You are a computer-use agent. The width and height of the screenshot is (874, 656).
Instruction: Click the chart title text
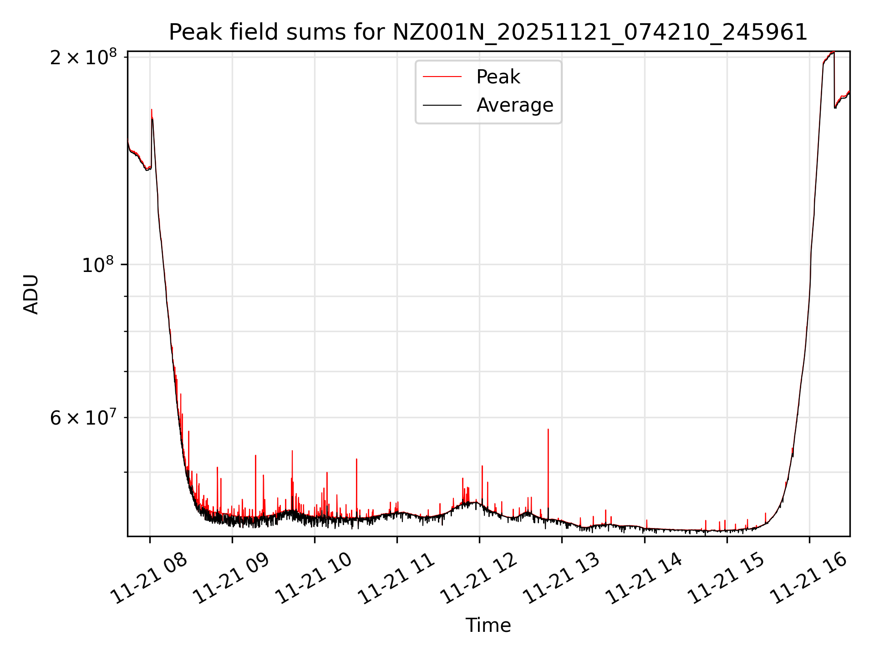point(488,32)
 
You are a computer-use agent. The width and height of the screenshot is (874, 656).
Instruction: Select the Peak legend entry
point(498,77)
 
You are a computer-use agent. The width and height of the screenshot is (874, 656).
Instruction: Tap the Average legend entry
point(514,105)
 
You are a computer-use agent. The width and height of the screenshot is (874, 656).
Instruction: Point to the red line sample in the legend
point(442,77)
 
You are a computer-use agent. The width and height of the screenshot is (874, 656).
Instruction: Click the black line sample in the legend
point(442,105)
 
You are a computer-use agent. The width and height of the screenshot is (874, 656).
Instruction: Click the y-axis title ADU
point(31,294)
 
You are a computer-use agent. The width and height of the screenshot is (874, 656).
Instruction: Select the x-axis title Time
point(488,625)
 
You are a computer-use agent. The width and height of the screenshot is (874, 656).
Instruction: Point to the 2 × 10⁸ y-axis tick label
point(83,58)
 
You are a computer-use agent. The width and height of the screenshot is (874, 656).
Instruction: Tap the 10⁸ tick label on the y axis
point(97,265)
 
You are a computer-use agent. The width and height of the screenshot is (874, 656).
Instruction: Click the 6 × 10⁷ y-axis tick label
point(83,418)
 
